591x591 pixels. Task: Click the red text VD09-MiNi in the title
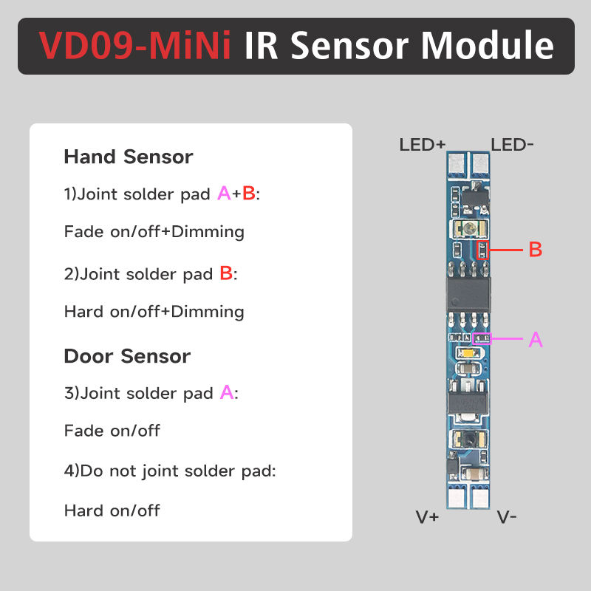(x=135, y=46)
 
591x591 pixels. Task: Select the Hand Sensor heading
(x=129, y=157)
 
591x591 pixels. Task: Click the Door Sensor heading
(x=127, y=356)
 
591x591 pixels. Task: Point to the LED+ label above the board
(x=423, y=144)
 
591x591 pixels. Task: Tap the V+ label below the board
(x=428, y=517)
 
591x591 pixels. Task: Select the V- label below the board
(x=507, y=517)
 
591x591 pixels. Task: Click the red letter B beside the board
(x=536, y=250)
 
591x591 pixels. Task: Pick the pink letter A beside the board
(x=536, y=340)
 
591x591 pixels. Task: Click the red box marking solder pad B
(x=482, y=250)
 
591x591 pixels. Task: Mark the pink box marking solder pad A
(x=482, y=339)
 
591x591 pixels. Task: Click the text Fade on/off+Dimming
(x=154, y=232)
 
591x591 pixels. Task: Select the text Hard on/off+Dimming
(x=154, y=312)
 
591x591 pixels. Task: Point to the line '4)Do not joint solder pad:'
(x=170, y=471)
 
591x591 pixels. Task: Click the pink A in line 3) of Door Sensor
(x=227, y=393)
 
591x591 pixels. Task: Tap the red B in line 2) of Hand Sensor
(x=227, y=273)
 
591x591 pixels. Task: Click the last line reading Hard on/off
(x=112, y=510)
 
